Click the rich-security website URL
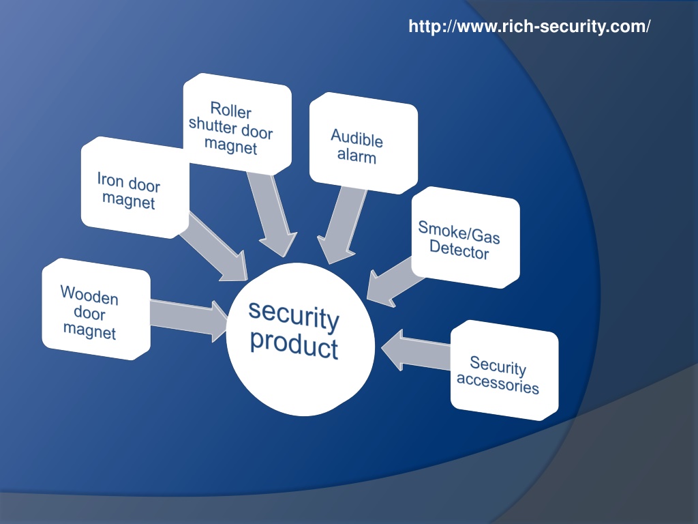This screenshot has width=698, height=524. pos(529,27)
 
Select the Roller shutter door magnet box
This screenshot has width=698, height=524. pos(237,124)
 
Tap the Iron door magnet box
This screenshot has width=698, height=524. pos(136,188)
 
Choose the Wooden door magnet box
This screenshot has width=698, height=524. pos(96,309)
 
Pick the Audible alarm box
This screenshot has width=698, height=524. pos(364,143)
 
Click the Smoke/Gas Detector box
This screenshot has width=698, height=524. pos(466,237)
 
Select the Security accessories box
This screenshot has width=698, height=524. pos(504,370)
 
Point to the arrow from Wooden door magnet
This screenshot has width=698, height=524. pos(189,318)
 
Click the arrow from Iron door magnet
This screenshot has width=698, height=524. pos(213,247)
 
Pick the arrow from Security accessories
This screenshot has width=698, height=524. pos(416,351)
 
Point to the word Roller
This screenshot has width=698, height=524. pos(230,110)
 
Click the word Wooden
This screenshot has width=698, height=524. pos(89,295)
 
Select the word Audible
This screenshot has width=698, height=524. pos(356,138)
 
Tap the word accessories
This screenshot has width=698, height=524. pos(498,383)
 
